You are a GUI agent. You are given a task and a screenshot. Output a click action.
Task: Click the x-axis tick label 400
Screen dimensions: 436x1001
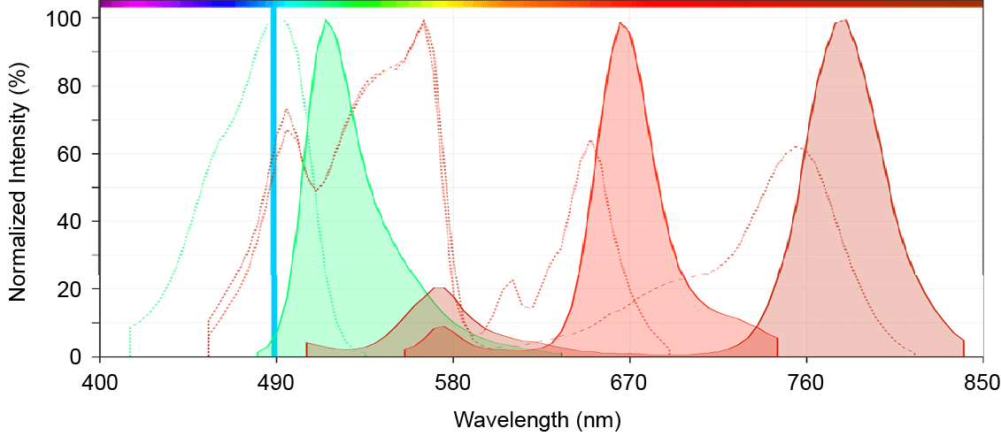(99, 383)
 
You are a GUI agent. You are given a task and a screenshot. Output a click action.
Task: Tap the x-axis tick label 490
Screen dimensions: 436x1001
(276, 383)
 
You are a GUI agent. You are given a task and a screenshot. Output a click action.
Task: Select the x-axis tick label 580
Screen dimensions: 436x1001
(453, 383)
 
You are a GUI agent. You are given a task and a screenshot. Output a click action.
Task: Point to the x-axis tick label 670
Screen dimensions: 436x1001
(629, 383)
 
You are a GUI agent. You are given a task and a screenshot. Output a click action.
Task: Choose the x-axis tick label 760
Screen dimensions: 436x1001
(806, 383)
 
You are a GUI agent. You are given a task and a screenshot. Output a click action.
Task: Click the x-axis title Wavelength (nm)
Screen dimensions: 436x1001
(537, 418)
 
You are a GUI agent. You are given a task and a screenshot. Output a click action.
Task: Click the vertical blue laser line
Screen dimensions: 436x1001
(273, 177)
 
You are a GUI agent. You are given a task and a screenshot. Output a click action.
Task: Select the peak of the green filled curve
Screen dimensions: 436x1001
(327, 20)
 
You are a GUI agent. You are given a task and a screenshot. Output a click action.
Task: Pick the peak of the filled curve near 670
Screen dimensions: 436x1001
(622, 24)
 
